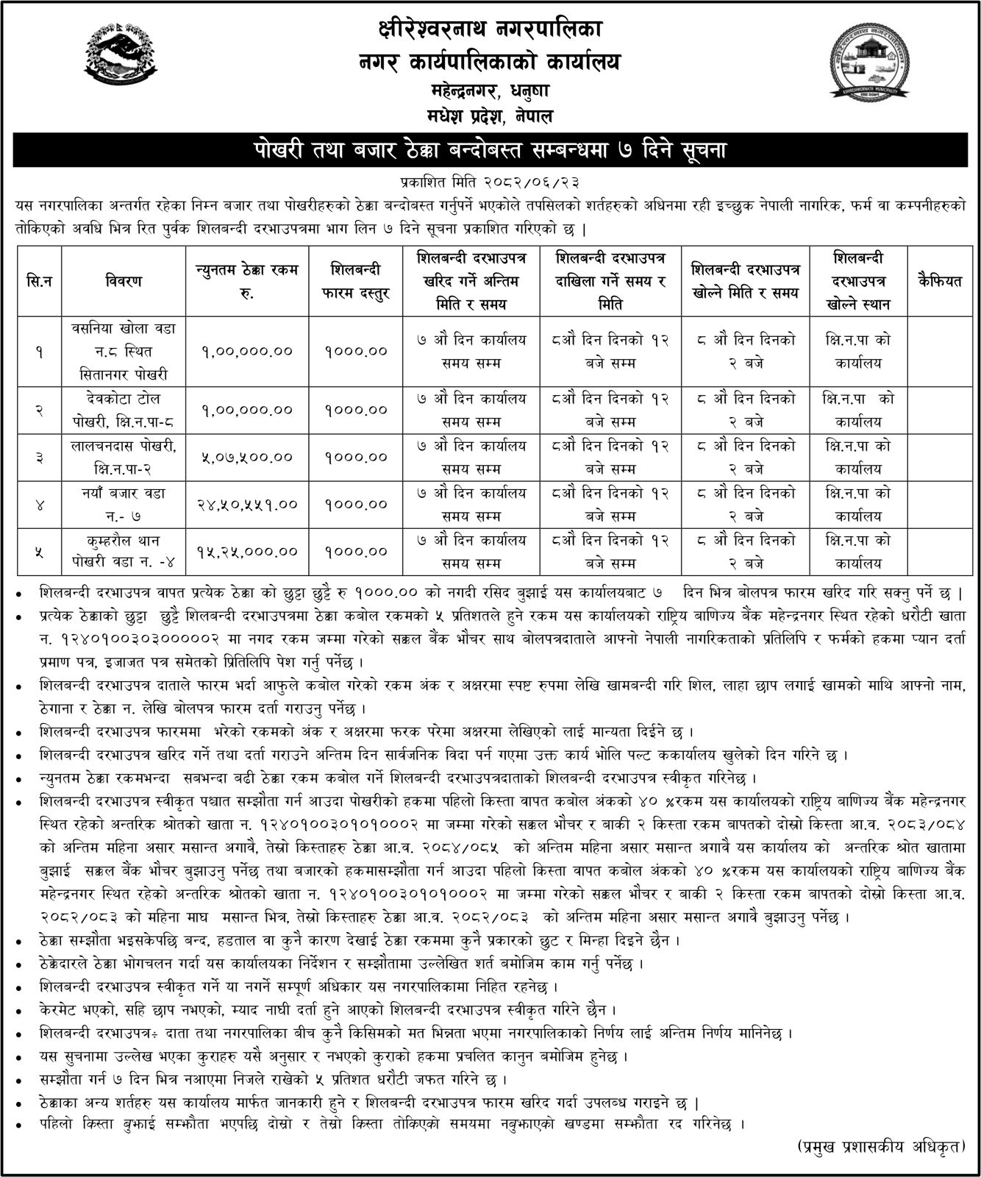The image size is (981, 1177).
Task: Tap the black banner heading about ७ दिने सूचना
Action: point(490,151)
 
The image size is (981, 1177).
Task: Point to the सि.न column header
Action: point(38,281)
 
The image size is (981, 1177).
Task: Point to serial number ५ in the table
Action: point(38,551)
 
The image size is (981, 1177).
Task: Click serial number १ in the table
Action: point(38,352)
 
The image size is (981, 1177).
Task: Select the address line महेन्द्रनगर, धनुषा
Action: point(490,92)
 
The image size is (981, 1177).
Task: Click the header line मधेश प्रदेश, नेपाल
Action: point(490,115)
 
